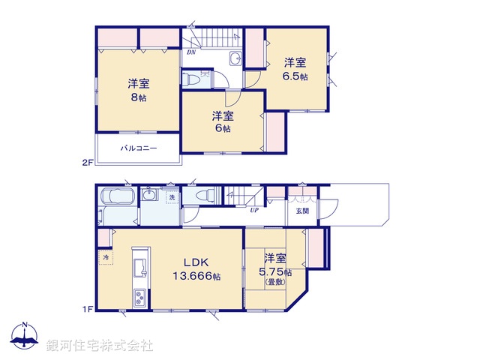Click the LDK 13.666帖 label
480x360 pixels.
click(198, 269)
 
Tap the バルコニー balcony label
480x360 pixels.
click(138, 148)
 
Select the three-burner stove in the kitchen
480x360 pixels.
click(140, 298)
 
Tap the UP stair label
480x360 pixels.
click(254, 211)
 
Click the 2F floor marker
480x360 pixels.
click(88, 161)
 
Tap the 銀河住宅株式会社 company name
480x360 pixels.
click(100, 346)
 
